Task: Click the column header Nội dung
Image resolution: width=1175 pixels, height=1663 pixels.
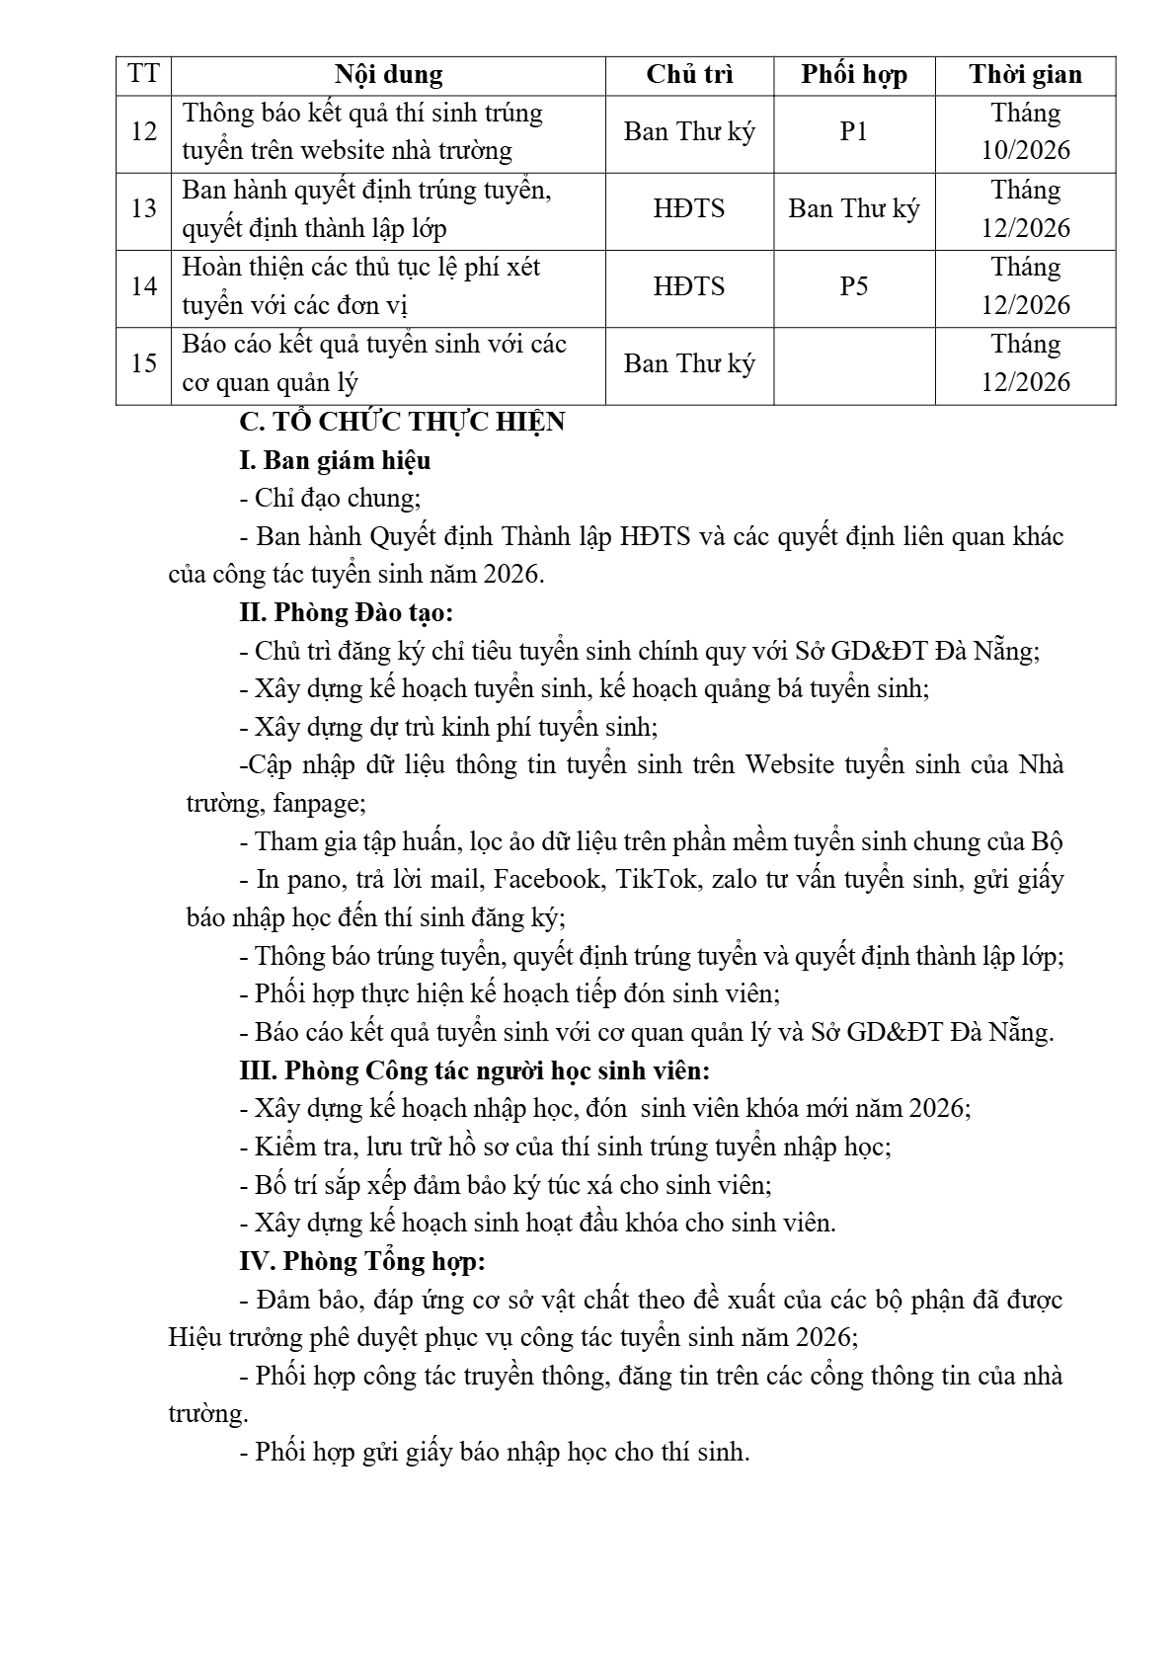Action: click(x=388, y=75)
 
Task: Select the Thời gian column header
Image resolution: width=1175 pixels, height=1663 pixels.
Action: click(x=1025, y=75)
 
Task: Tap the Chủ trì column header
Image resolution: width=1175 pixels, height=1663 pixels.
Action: click(x=689, y=75)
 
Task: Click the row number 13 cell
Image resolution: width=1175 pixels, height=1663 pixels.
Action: click(x=144, y=208)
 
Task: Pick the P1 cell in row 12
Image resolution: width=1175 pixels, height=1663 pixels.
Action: click(x=853, y=132)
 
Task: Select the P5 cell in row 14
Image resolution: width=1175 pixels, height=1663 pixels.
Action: click(x=853, y=286)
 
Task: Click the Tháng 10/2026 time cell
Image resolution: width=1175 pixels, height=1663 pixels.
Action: click(x=1025, y=132)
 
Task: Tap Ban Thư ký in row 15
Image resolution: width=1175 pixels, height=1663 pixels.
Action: click(x=689, y=364)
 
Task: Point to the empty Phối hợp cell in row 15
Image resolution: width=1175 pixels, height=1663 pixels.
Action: click(x=853, y=364)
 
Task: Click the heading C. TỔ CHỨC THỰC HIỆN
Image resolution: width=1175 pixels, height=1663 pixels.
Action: click(x=402, y=423)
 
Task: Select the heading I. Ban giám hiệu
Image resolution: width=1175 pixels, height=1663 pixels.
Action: click(x=335, y=461)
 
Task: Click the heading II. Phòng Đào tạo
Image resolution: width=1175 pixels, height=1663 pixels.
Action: click(x=346, y=613)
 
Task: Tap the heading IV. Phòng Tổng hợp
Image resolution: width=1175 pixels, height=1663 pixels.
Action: click(x=361, y=1261)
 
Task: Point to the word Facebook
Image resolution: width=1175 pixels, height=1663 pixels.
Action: click(x=546, y=879)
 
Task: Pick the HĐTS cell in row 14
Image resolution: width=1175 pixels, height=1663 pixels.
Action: click(x=689, y=286)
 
